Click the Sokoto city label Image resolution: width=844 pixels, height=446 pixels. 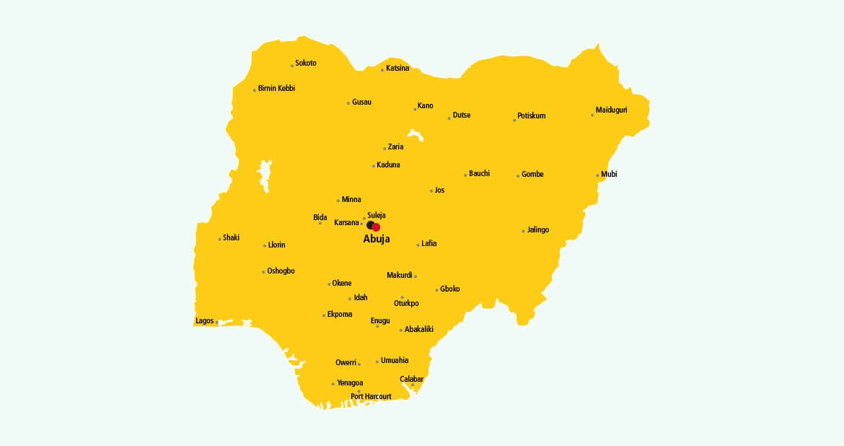(x=306, y=64)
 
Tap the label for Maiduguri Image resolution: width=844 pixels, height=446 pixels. (x=612, y=110)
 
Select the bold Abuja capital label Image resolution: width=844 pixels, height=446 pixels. (x=377, y=239)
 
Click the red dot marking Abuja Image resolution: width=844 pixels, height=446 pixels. (x=376, y=227)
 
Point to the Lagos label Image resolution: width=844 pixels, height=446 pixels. (x=204, y=321)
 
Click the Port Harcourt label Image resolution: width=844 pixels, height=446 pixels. (x=371, y=397)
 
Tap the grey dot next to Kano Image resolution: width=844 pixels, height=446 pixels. (x=416, y=109)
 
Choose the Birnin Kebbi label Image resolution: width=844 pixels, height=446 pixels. (x=276, y=88)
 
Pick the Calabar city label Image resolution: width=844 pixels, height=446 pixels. (x=412, y=379)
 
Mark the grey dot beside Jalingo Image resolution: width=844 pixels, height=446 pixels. (x=523, y=231)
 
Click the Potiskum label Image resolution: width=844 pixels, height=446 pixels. (x=532, y=115)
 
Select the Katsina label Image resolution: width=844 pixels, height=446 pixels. (x=397, y=69)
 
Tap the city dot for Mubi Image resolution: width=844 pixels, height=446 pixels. (x=597, y=175)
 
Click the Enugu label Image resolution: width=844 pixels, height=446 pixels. (x=380, y=320)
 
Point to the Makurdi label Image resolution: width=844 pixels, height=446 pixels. (x=400, y=275)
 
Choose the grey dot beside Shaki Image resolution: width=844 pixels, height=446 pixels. (x=220, y=239)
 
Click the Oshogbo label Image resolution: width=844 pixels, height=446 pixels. (x=281, y=271)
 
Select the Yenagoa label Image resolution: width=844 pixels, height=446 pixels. (x=350, y=383)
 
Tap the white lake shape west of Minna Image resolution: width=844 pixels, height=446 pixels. (x=265, y=175)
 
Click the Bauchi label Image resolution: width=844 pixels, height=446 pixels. (x=479, y=173)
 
